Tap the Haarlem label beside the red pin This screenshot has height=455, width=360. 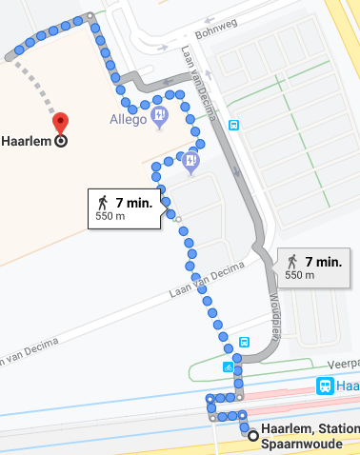coord(27,140)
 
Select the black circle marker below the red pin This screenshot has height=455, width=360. coord(61,140)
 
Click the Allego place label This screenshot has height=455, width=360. coord(128,120)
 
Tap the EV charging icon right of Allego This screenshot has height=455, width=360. coord(159,117)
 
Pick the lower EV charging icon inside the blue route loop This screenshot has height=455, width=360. coord(191,162)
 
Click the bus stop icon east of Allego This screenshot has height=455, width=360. coord(234,125)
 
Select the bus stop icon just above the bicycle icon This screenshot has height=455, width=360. coord(245,342)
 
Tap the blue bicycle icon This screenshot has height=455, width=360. coord(229,366)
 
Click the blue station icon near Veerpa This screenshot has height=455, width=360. coord(326,386)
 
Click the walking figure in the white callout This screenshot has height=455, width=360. coord(102,202)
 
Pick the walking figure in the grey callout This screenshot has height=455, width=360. coord(292,261)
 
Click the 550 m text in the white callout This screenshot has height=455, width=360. coord(111,217)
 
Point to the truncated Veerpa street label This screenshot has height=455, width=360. coord(341,363)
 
